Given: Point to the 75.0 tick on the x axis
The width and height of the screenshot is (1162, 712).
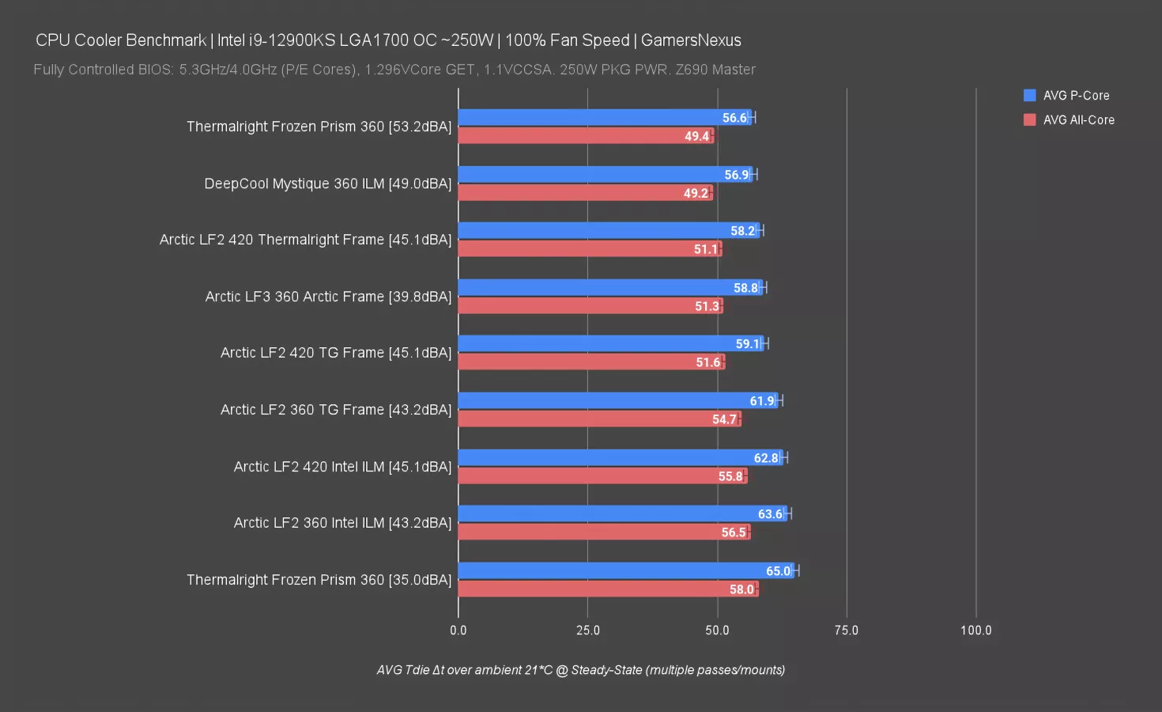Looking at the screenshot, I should [846, 631].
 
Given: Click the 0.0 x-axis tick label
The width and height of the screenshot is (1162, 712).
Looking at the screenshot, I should [458, 631].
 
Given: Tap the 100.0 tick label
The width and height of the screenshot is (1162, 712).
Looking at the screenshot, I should [975, 631].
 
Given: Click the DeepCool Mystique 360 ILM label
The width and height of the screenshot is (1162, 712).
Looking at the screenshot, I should [328, 184].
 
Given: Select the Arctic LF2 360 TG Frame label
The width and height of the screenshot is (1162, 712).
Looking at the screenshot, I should [336, 410].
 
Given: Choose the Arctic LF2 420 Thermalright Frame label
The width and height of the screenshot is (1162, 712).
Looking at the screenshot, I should [305, 240].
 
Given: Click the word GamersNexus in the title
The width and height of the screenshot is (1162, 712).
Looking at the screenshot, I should [691, 40].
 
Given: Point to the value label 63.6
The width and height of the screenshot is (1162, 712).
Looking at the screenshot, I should [770, 514].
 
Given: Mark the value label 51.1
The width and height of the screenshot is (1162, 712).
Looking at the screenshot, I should [706, 249].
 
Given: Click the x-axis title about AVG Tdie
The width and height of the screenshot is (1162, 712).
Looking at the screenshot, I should [581, 670].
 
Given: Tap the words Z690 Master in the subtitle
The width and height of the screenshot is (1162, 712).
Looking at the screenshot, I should [715, 70].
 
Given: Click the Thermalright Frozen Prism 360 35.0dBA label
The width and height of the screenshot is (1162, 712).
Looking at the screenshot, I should [319, 580].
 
